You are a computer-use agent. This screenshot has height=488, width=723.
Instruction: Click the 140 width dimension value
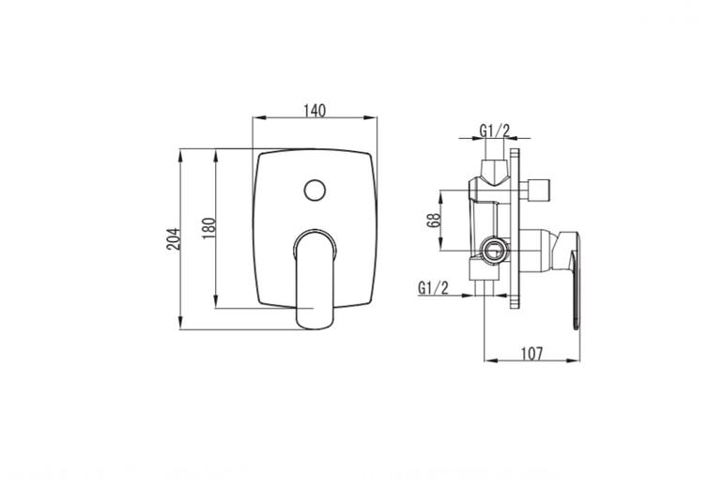click(315, 111)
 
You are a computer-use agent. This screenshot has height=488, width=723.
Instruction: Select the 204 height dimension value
click(174, 238)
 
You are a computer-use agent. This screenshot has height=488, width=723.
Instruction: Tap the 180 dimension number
click(208, 228)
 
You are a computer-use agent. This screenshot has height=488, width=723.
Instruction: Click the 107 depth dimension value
click(531, 354)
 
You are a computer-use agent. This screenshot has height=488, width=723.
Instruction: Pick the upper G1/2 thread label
click(494, 130)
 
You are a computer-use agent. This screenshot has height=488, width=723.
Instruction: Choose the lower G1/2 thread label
click(433, 288)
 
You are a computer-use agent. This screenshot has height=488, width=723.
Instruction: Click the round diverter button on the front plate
click(315, 190)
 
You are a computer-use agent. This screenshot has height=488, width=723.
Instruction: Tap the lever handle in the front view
click(315, 280)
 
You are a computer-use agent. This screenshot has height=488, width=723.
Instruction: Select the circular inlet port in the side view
click(493, 251)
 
